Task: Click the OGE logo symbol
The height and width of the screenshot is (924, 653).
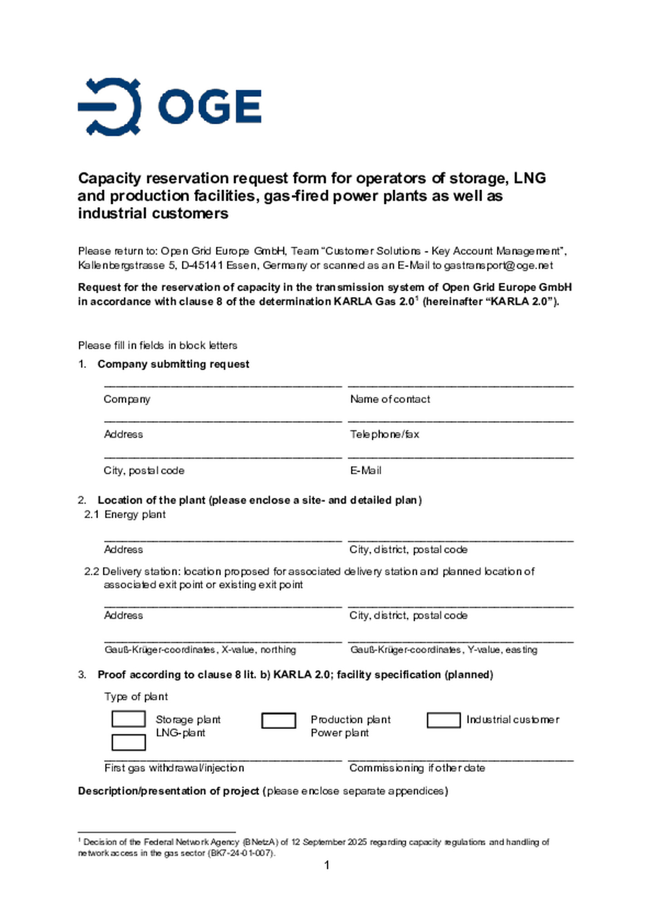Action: [109, 107]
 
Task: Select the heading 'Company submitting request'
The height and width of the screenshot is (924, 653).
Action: [173, 364]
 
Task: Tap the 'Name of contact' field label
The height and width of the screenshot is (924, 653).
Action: [390, 399]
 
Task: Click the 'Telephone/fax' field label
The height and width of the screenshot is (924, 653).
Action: [385, 434]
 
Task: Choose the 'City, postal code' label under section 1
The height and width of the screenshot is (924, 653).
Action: [144, 470]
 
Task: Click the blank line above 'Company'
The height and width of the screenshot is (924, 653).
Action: [223, 385]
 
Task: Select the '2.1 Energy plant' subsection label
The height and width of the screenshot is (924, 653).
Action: [125, 514]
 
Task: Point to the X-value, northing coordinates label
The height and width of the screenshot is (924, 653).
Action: [200, 650]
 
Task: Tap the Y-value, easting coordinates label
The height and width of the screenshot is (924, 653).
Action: [443, 650]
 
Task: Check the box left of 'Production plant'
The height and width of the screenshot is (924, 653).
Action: [278, 720]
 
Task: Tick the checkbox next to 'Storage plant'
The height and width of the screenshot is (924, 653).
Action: [128, 719]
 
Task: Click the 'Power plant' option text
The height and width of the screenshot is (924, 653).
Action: [340, 733]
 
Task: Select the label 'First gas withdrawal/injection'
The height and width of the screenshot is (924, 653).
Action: [174, 768]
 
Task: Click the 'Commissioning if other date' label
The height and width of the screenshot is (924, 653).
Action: [417, 768]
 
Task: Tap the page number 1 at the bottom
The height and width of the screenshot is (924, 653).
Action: [327, 865]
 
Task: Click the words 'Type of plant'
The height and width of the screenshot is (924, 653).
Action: [136, 696]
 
